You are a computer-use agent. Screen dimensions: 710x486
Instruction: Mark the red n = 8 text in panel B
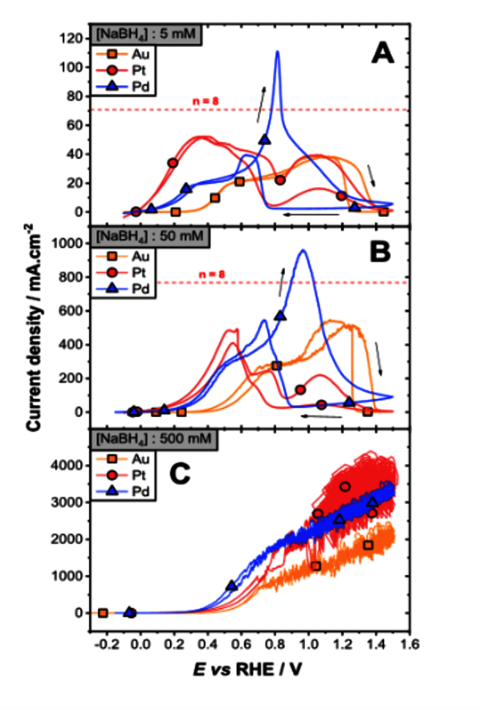pyautogui.click(x=218, y=274)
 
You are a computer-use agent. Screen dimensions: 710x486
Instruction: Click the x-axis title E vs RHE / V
pyautogui.click(x=253, y=671)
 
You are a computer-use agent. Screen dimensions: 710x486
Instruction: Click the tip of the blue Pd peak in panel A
pyautogui.click(x=278, y=52)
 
